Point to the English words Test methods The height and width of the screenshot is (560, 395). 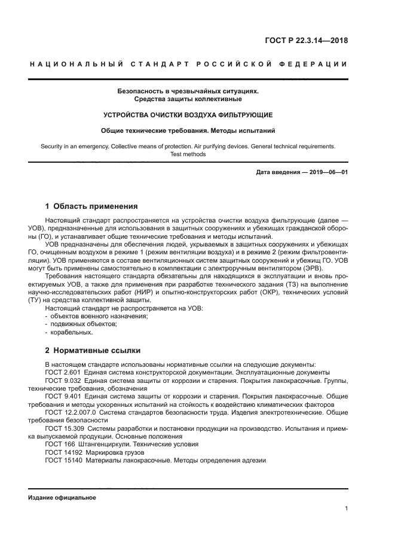click(x=188, y=154)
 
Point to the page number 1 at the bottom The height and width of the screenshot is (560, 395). click(x=347, y=509)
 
